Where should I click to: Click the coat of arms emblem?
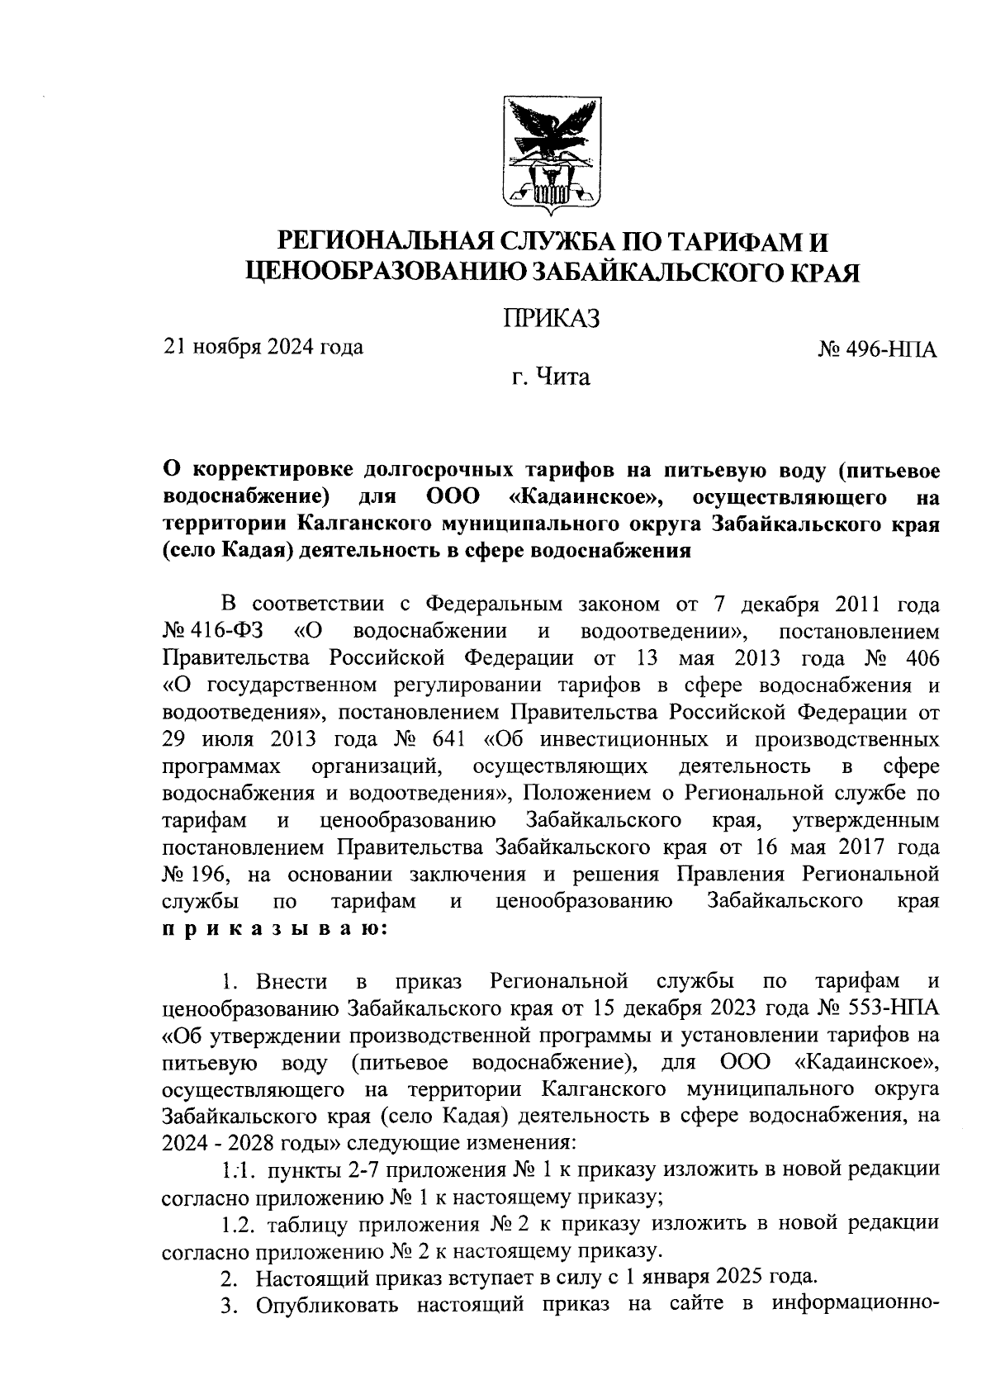click(551, 154)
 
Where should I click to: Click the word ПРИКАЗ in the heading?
click(551, 318)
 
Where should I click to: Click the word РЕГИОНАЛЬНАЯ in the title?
click(385, 242)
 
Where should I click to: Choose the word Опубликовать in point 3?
click(327, 1303)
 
